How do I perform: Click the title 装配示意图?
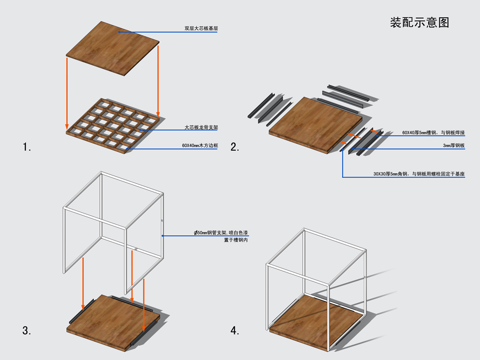click(420, 23)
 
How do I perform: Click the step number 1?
click(27, 147)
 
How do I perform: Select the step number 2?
click(235, 147)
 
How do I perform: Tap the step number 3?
click(27, 330)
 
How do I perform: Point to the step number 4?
click(235, 330)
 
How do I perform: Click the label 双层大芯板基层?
click(201, 28)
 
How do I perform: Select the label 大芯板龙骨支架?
click(202, 128)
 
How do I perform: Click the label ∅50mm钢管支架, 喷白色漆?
click(221, 232)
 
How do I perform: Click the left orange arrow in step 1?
click(67, 91)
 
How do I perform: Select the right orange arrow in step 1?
click(158, 82)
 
